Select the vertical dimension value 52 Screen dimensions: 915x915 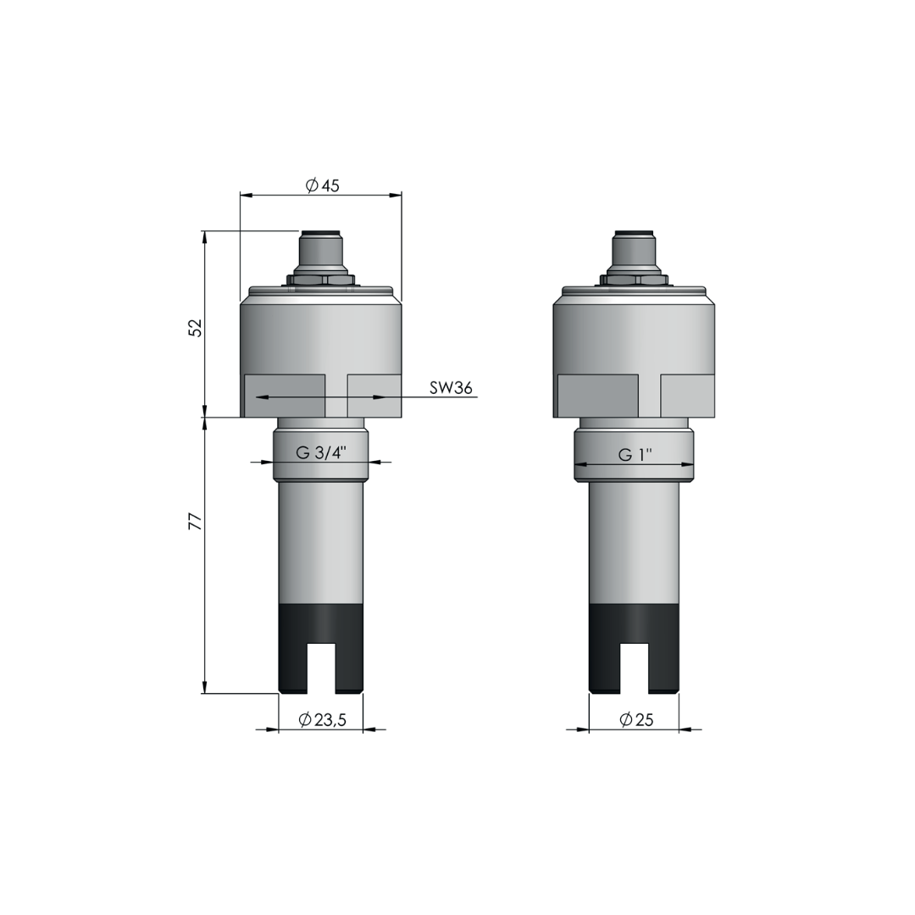point(196,328)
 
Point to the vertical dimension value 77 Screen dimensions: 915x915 point(196,521)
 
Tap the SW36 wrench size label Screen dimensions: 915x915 point(450,388)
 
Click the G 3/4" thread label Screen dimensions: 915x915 point(321,452)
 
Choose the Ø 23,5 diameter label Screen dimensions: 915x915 point(323,720)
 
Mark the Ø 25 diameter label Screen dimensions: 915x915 point(636,720)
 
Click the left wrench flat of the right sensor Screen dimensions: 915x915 point(597,396)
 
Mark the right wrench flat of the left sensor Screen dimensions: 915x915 point(374,396)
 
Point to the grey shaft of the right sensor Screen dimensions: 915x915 point(634,542)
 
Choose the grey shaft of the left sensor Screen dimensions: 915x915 point(320,542)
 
